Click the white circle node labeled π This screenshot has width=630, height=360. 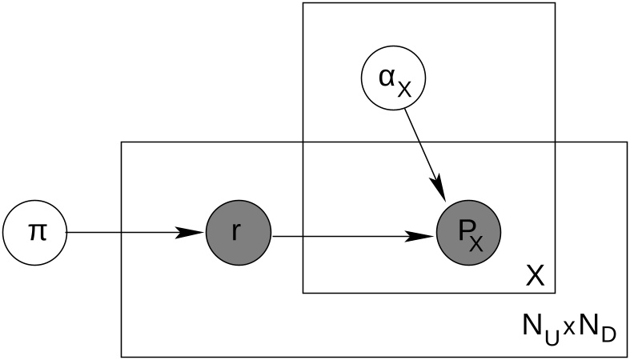34,232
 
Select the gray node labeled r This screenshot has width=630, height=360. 239,232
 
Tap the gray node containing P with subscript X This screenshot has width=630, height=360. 469,232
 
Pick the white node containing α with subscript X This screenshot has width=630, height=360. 393,77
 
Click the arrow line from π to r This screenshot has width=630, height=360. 135,232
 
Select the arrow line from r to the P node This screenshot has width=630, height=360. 354,236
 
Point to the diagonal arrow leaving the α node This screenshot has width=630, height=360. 425,154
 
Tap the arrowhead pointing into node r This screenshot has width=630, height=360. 191,232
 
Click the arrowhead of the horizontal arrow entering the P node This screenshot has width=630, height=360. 421,236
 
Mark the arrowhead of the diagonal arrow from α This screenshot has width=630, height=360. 439,188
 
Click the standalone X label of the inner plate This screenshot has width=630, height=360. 536,276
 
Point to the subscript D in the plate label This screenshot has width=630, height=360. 608,334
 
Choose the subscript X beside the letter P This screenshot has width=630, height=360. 476,243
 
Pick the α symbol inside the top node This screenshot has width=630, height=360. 387,77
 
